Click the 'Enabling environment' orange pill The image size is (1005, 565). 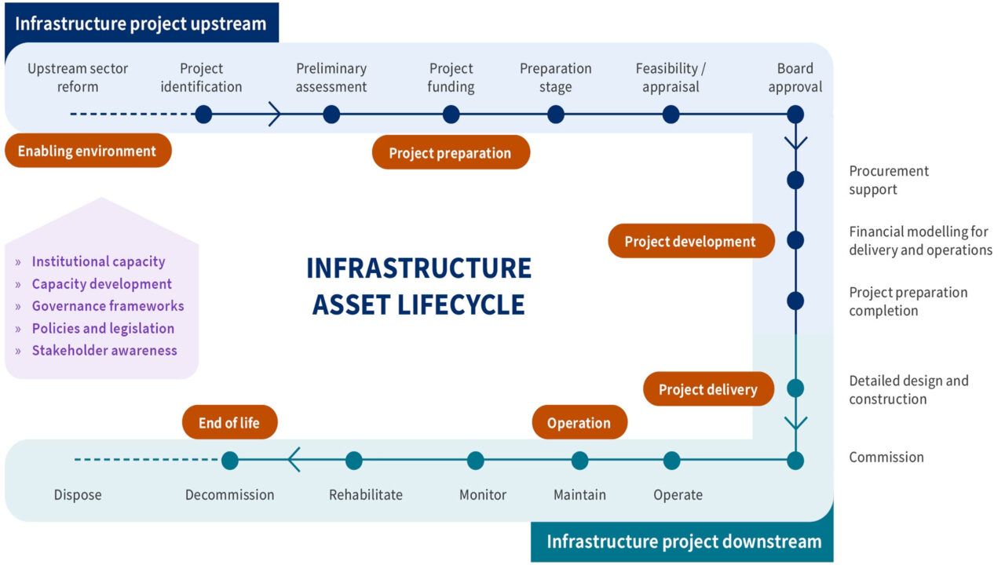(87, 151)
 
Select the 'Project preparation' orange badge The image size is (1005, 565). (450, 153)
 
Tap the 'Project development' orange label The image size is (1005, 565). (690, 242)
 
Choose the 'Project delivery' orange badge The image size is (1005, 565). (707, 389)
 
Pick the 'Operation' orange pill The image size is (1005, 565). (579, 423)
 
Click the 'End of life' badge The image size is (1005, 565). (228, 423)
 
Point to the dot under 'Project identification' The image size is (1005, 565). (203, 115)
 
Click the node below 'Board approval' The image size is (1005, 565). (795, 115)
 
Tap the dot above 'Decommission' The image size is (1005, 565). (230, 461)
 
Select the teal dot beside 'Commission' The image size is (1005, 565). (795, 461)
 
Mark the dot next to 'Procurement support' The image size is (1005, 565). (795, 180)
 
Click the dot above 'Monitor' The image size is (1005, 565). (475, 461)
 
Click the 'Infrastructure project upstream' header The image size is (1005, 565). (141, 23)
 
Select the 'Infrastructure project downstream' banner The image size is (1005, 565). (683, 541)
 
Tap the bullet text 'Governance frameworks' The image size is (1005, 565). (108, 306)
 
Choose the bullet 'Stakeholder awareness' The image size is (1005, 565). (104, 351)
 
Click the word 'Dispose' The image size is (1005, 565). (78, 495)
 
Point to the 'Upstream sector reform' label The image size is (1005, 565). (78, 78)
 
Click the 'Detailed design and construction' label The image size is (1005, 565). (908, 390)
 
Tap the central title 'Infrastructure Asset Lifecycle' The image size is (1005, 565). (418, 286)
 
